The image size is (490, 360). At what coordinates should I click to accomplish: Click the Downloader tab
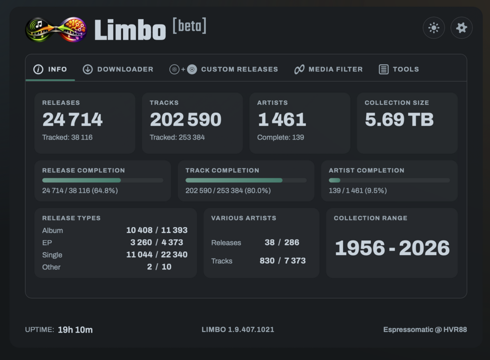click(118, 69)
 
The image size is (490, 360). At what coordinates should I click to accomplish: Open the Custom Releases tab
click(223, 69)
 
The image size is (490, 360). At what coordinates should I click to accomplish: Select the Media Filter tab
click(328, 69)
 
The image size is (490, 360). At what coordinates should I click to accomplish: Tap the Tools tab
click(399, 69)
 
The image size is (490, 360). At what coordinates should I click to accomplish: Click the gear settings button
click(462, 28)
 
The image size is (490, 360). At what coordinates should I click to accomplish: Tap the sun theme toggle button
click(434, 28)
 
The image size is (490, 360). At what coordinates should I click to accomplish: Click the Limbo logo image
click(56, 30)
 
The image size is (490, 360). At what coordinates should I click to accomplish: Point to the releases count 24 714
click(73, 120)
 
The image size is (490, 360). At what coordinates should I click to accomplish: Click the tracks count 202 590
click(186, 120)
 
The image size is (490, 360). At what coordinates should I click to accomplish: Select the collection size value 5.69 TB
click(399, 120)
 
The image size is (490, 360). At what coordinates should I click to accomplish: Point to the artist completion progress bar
click(389, 180)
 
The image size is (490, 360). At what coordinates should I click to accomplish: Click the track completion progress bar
click(246, 180)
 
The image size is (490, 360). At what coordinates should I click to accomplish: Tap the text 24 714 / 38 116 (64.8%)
click(80, 191)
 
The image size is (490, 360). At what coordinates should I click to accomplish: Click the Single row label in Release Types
click(52, 255)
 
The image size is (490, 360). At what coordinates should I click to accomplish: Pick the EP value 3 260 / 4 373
click(157, 242)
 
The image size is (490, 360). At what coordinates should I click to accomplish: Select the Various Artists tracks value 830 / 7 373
click(283, 261)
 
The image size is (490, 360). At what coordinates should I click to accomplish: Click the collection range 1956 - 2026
click(392, 248)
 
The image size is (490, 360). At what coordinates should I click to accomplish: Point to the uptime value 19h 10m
click(75, 330)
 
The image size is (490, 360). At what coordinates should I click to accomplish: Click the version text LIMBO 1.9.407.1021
click(238, 330)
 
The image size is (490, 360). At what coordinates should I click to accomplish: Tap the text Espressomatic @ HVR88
click(425, 330)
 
